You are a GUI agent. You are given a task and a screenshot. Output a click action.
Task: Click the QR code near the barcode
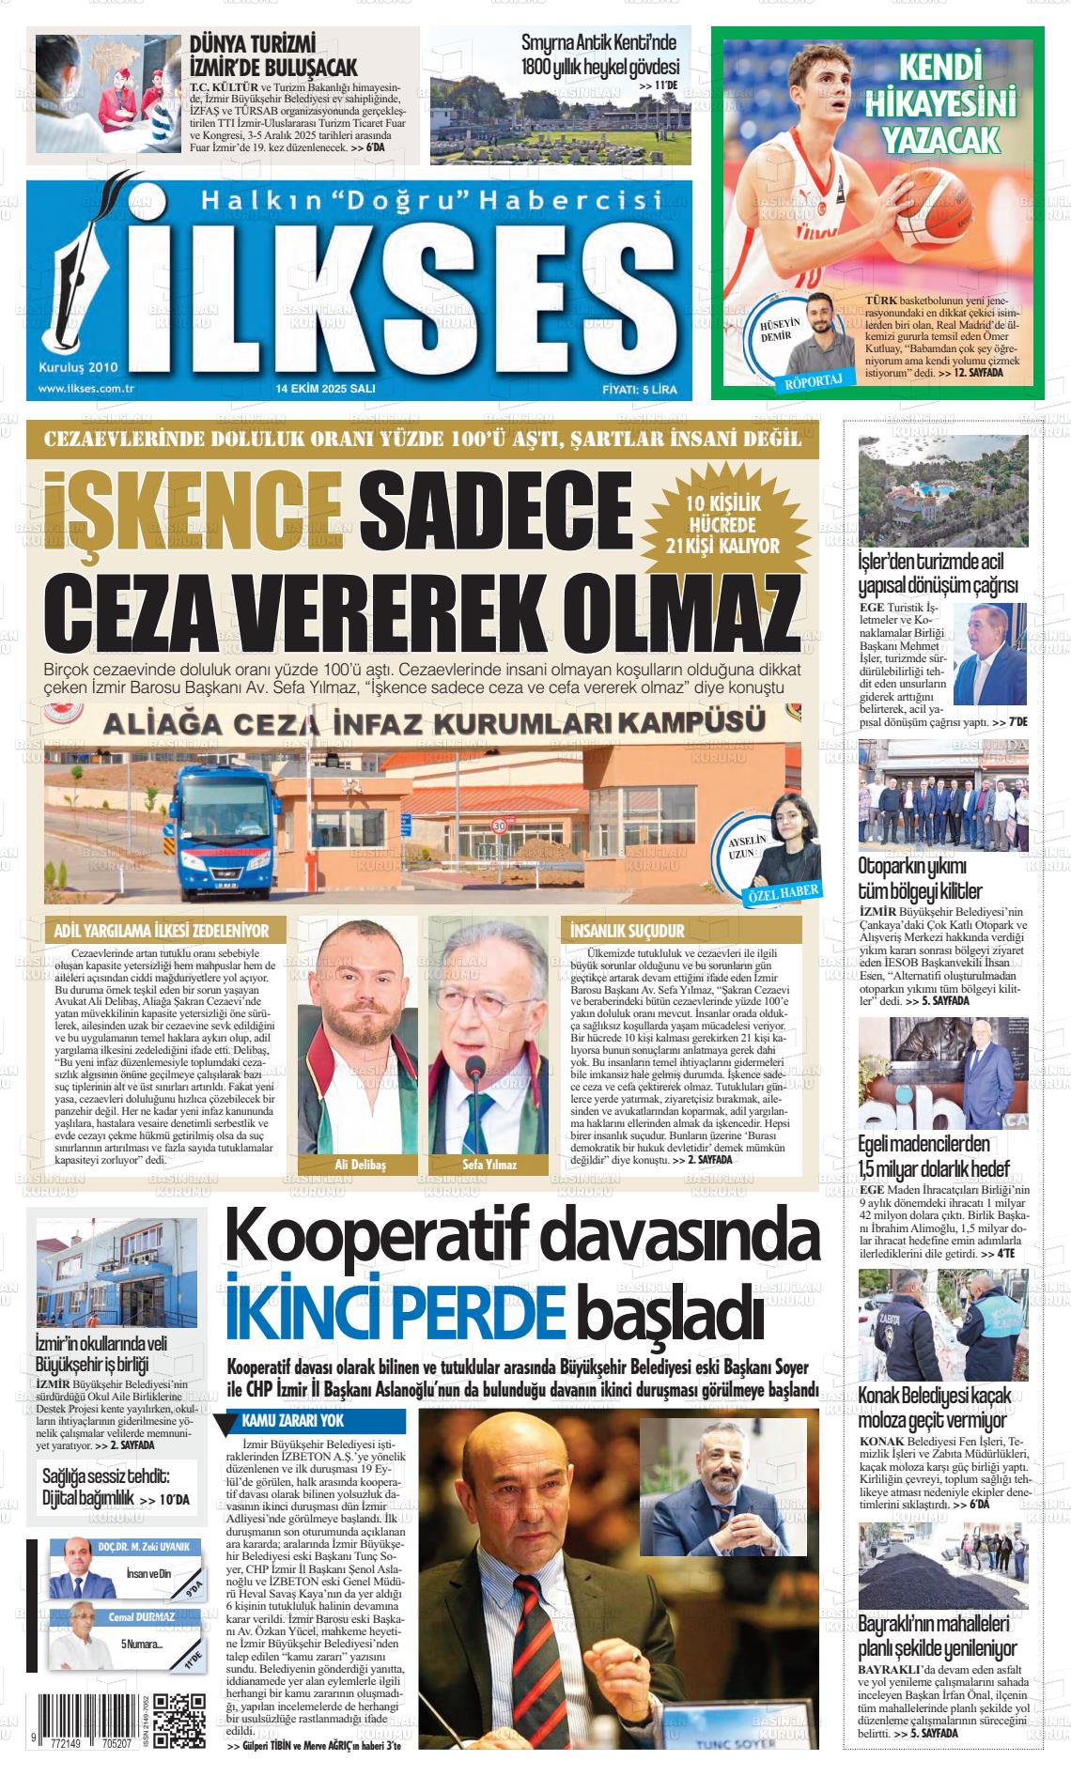(178, 1718)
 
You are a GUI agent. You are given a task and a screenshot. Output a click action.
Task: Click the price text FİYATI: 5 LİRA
(639, 389)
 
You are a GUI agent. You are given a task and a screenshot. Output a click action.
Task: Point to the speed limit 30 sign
(500, 826)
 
